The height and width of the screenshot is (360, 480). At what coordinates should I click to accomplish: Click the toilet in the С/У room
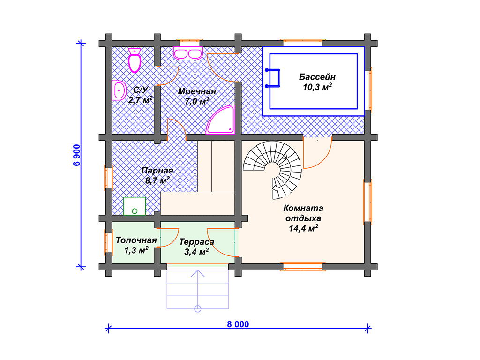pyautogui.click(x=135, y=60)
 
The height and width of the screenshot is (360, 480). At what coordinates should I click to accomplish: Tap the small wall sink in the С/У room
pyautogui.click(x=119, y=90)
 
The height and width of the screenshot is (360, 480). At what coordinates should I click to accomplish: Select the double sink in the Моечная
pyautogui.click(x=188, y=53)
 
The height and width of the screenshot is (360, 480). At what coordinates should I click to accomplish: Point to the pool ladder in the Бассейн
pyautogui.click(x=273, y=78)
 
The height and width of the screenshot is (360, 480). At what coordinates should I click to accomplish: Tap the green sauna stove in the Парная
pyautogui.click(x=135, y=206)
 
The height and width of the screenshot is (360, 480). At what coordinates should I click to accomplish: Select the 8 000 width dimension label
pyautogui.click(x=238, y=324)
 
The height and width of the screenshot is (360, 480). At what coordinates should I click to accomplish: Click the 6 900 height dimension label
pyautogui.click(x=76, y=155)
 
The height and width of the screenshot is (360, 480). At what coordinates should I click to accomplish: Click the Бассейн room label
pyautogui.click(x=317, y=76)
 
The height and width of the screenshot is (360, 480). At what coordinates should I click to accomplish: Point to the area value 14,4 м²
pyautogui.click(x=303, y=228)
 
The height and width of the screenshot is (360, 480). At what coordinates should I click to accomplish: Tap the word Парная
pyautogui.click(x=157, y=171)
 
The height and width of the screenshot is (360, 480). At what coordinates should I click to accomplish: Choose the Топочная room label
pyautogui.click(x=136, y=240)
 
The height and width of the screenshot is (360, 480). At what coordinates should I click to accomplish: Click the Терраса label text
pyautogui.click(x=196, y=242)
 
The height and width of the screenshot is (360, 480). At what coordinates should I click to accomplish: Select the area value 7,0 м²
pyautogui.click(x=197, y=101)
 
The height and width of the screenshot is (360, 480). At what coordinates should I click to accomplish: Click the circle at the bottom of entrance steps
pyautogui.click(x=198, y=308)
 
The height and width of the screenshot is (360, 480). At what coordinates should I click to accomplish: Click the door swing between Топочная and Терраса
pyautogui.click(x=168, y=238)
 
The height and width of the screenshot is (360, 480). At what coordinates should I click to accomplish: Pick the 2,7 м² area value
pyautogui.click(x=141, y=100)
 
